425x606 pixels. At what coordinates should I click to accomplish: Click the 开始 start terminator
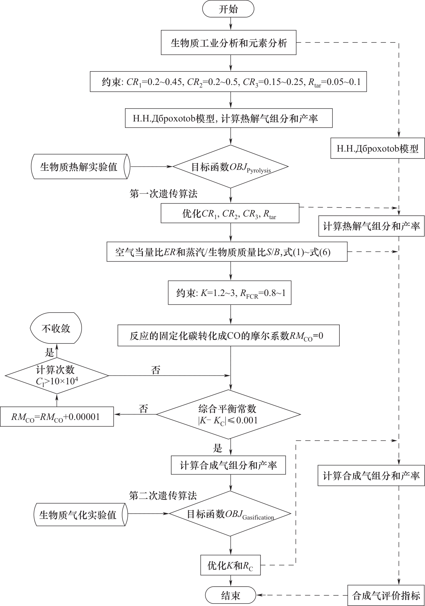(228, 9)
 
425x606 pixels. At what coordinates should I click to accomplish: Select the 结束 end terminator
(231, 595)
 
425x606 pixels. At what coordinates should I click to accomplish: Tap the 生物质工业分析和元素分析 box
(228, 43)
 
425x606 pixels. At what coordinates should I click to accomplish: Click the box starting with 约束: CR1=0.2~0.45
(228, 82)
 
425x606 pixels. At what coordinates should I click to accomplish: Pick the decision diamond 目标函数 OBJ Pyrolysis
(231, 167)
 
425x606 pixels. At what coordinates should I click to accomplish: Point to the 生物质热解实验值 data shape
(80, 166)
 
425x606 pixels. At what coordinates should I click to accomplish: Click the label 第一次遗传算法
(163, 194)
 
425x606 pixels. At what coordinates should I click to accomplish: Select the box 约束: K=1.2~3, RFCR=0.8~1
(230, 293)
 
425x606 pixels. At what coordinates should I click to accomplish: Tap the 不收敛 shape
(56, 328)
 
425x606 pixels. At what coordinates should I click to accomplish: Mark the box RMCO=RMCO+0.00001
(57, 417)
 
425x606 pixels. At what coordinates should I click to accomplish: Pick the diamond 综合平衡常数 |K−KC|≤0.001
(228, 415)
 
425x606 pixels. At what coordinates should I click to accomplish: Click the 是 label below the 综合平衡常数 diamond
(217, 449)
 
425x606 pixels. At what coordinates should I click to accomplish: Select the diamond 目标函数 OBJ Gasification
(230, 514)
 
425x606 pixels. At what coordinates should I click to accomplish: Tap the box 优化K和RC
(230, 565)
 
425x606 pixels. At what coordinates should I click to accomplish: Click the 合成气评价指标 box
(386, 596)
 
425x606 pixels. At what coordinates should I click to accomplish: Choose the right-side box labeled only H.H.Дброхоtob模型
(377, 149)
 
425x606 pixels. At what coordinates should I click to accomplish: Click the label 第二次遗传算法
(163, 495)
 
